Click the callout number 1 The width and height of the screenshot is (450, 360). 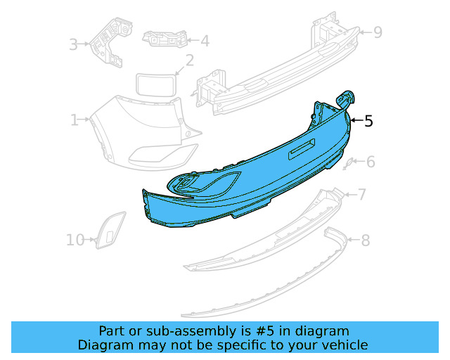(x=74, y=121)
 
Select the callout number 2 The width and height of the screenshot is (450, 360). (x=189, y=61)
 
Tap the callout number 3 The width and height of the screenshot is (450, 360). (x=73, y=46)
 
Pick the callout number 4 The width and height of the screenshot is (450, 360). (x=204, y=41)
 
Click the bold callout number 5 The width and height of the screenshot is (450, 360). (x=368, y=121)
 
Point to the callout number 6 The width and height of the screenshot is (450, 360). (x=371, y=163)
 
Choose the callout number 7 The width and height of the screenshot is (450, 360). (x=361, y=195)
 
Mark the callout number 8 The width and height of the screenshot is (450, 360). (x=365, y=241)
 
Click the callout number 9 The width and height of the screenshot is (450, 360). (x=378, y=32)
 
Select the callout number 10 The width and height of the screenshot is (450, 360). (x=75, y=240)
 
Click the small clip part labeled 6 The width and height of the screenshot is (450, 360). (x=347, y=165)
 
